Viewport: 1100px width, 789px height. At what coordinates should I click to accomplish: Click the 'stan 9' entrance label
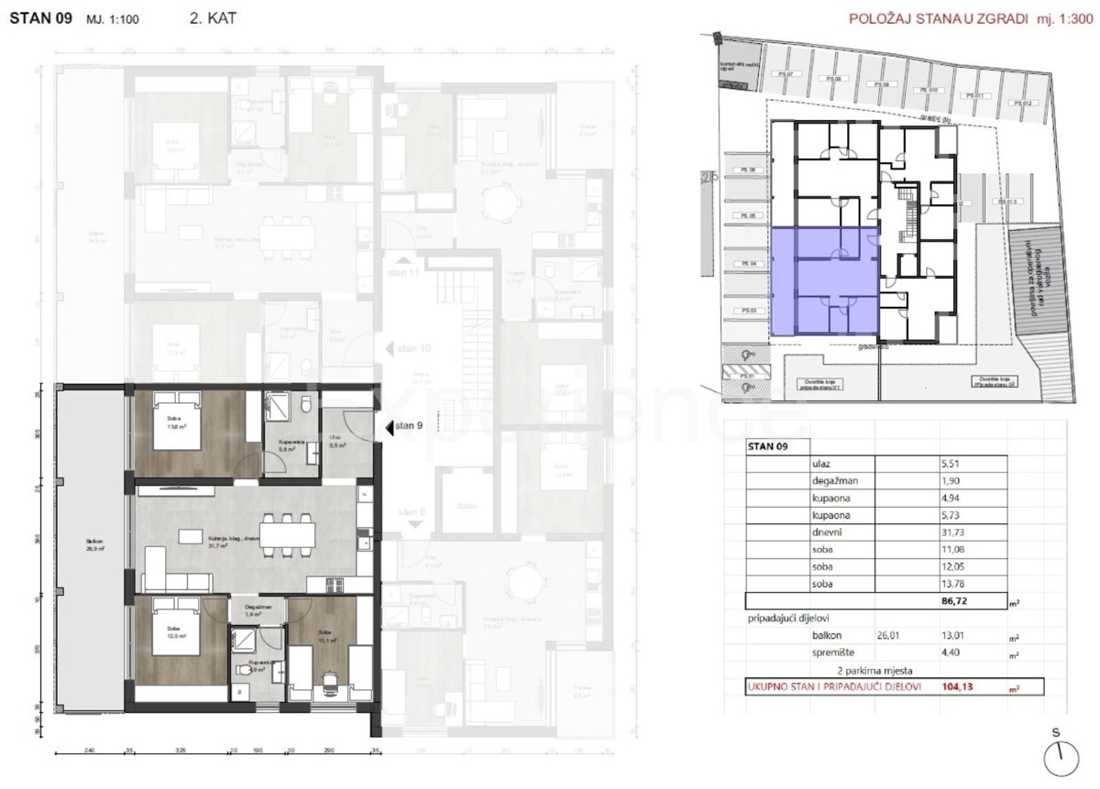tap(409, 425)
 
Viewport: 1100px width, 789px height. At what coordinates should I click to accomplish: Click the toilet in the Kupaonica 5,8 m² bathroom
tap(309, 404)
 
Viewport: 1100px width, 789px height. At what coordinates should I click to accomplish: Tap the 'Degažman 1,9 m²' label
tap(257, 612)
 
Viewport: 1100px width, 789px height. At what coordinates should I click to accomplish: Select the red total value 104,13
tap(957, 687)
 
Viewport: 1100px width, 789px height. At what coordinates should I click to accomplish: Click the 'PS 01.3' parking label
tap(1007, 202)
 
